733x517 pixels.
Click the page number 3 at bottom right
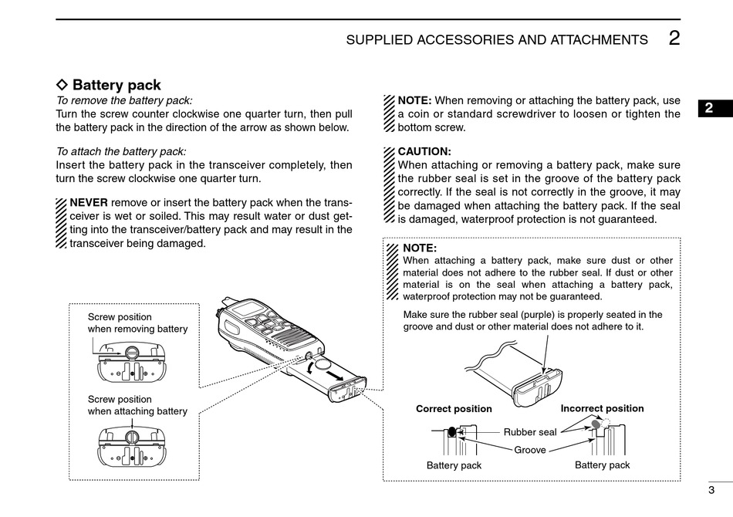point(711,490)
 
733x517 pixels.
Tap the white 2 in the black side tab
point(708,108)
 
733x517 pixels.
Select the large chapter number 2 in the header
point(674,38)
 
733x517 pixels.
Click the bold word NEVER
point(89,202)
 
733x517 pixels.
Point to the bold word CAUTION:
point(424,151)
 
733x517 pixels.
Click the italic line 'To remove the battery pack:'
point(124,100)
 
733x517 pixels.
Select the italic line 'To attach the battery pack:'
point(121,151)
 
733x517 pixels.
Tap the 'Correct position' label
point(454,409)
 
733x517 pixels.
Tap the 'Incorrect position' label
point(602,408)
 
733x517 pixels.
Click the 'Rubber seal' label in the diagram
point(530,432)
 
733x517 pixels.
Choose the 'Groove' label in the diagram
point(530,450)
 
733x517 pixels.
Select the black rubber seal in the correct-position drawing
point(451,432)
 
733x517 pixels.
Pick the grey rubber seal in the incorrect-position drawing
point(596,424)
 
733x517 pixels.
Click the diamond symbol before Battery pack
point(62,85)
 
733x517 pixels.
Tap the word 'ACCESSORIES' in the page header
point(465,40)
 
